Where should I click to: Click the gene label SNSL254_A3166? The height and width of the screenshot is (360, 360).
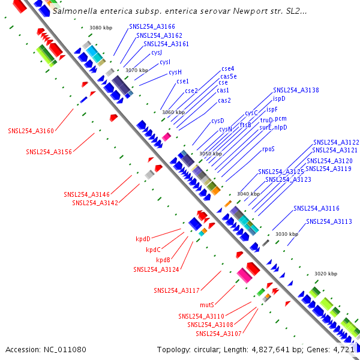(152, 27)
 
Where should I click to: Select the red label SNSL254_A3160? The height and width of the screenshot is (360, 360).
(31, 131)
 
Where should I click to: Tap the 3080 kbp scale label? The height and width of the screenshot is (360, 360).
(100, 28)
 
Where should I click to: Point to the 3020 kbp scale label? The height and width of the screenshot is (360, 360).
(326, 274)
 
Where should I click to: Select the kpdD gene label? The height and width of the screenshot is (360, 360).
(143, 239)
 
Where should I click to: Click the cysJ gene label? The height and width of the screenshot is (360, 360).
(157, 53)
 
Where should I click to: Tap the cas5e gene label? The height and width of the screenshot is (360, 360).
(229, 76)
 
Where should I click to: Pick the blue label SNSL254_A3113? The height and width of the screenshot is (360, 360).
(329, 222)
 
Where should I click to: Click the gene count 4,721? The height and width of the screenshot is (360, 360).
(345, 349)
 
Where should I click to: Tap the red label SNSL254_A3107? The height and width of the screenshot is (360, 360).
(218, 334)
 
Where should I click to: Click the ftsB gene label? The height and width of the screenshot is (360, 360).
(245, 125)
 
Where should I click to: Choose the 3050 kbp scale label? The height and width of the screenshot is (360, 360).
(211, 154)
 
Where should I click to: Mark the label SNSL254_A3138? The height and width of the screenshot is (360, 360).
(296, 90)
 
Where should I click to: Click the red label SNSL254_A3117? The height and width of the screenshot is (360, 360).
(176, 291)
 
